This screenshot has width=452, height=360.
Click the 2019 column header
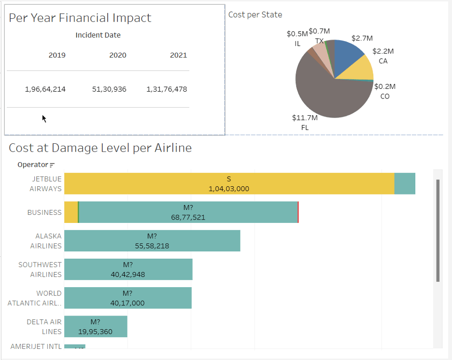pyautogui.click(x=57, y=55)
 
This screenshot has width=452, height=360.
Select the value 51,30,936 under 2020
pyautogui.click(x=109, y=89)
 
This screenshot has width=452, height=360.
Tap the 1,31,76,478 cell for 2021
pyautogui.click(x=167, y=89)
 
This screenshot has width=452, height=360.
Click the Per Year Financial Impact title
pyautogui.click(x=80, y=18)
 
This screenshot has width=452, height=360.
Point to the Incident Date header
pyautogui.click(x=98, y=35)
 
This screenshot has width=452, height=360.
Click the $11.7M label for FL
pyautogui.click(x=305, y=118)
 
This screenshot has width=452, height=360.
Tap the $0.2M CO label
pyautogui.click(x=385, y=87)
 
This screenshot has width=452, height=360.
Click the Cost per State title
pyautogui.click(x=255, y=15)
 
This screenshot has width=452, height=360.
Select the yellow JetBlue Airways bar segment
pyautogui.click(x=229, y=183)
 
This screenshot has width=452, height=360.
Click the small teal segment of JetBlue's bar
pyautogui.click(x=405, y=183)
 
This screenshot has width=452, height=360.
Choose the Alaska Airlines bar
pyautogui.click(x=152, y=241)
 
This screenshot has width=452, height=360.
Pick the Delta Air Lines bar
pyautogui.click(x=96, y=327)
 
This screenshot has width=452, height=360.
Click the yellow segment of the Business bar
pyautogui.click(x=71, y=212)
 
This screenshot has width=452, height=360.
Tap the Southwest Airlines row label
pyautogui.click(x=40, y=270)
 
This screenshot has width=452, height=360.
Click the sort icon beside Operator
pyautogui.click(x=52, y=165)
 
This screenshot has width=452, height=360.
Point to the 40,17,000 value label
pyautogui.click(x=127, y=303)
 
